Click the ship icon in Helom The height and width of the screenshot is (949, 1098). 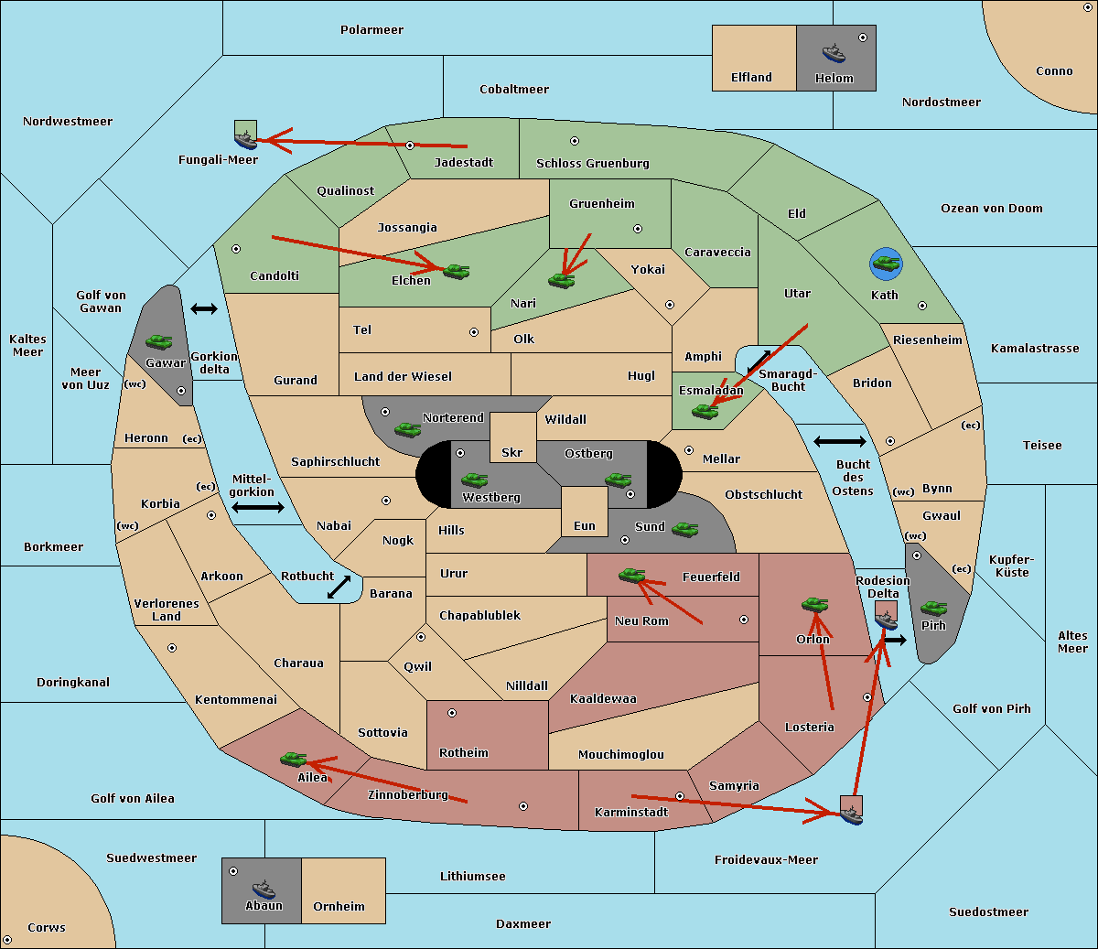click(834, 52)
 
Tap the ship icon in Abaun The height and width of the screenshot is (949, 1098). click(264, 889)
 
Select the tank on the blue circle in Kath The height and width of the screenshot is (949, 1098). click(886, 264)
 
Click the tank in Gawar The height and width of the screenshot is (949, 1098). click(159, 342)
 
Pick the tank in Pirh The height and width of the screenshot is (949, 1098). click(933, 609)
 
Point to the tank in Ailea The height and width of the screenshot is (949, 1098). click(294, 759)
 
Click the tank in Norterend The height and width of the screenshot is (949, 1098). click(408, 428)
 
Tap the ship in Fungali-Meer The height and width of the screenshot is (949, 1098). click(245, 138)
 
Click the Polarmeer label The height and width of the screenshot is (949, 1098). click(371, 30)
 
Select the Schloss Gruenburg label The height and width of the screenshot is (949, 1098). click(592, 164)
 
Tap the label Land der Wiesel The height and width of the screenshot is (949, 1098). click(403, 376)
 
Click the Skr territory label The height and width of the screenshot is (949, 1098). click(512, 453)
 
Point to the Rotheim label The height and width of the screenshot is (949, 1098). click(464, 753)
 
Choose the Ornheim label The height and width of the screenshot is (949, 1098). click(339, 907)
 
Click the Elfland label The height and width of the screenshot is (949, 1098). click(751, 78)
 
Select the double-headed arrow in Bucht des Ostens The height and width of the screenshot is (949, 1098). click(839, 442)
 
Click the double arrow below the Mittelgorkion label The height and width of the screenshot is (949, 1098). click(258, 508)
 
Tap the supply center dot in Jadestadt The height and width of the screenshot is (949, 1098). click(410, 145)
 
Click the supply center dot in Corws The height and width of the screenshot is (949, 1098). click(7, 940)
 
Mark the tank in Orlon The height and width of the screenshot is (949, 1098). click(814, 605)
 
